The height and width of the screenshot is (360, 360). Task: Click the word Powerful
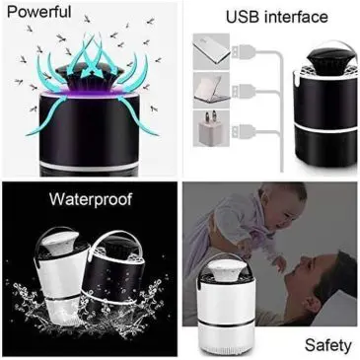[38, 12]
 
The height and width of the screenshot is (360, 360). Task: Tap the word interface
[297, 17]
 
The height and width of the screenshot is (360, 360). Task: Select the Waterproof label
[91, 199]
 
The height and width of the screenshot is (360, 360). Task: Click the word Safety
[327, 345]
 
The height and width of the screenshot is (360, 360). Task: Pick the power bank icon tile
[211, 51]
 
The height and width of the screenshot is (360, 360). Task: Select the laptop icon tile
[211, 90]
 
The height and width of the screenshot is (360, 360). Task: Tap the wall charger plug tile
[211, 129]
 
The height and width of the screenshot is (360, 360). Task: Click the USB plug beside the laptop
[244, 91]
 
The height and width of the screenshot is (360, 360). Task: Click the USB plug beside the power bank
[244, 51]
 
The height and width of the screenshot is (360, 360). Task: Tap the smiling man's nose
[304, 260]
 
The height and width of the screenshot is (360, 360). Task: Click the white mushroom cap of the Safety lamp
[226, 268]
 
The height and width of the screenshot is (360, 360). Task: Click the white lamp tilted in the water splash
[60, 276]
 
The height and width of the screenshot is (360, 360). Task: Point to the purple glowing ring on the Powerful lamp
[90, 94]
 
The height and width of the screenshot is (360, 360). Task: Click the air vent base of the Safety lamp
[226, 348]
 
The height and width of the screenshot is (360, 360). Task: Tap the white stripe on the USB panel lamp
[325, 127]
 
